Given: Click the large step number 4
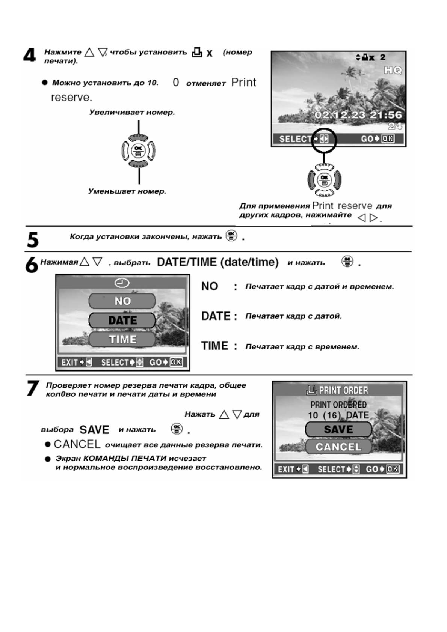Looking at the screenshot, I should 30,56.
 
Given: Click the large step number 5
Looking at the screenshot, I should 33,239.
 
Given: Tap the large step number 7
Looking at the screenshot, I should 33,388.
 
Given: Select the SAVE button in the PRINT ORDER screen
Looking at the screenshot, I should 338,429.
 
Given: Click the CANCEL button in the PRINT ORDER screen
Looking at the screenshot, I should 338,447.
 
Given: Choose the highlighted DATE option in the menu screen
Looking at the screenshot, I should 122,320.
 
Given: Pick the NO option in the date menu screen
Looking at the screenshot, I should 122,301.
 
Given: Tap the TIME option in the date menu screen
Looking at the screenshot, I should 122,339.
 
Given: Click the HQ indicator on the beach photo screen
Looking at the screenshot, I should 393,70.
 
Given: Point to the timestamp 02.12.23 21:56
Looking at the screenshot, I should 358,115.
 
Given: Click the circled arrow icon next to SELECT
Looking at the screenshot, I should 324,139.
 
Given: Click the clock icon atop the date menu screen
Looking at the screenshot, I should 122,283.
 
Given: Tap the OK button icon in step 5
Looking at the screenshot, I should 231,236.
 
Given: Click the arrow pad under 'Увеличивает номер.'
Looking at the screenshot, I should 139,151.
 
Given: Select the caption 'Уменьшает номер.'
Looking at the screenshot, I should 127,191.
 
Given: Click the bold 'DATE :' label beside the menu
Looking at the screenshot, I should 219,316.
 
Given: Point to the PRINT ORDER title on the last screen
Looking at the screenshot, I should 338,390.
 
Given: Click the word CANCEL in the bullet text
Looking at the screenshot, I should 77,444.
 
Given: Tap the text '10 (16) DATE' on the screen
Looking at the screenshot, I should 338,415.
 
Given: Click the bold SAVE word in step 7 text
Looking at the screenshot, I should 94,430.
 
